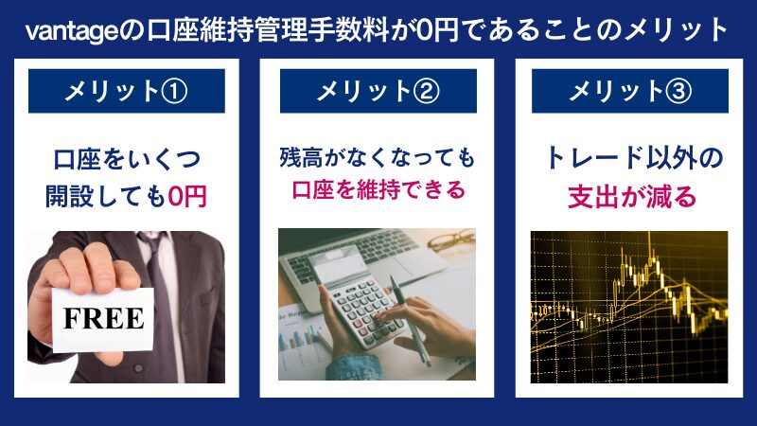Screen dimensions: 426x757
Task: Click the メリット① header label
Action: pyautogui.click(x=126, y=92)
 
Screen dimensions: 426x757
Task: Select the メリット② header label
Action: pyautogui.click(x=378, y=92)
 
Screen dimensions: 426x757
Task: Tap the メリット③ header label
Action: pyautogui.click(x=629, y=92)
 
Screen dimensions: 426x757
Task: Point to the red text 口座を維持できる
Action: pyautogui.click(x=378, y=190)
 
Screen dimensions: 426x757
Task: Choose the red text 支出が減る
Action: pyautogui.click(x=631, y=196)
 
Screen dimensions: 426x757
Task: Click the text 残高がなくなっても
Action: pyautogui.click(x=378, y=155)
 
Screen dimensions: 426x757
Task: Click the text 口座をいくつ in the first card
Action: pyautogui.click(x=126, y=157)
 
